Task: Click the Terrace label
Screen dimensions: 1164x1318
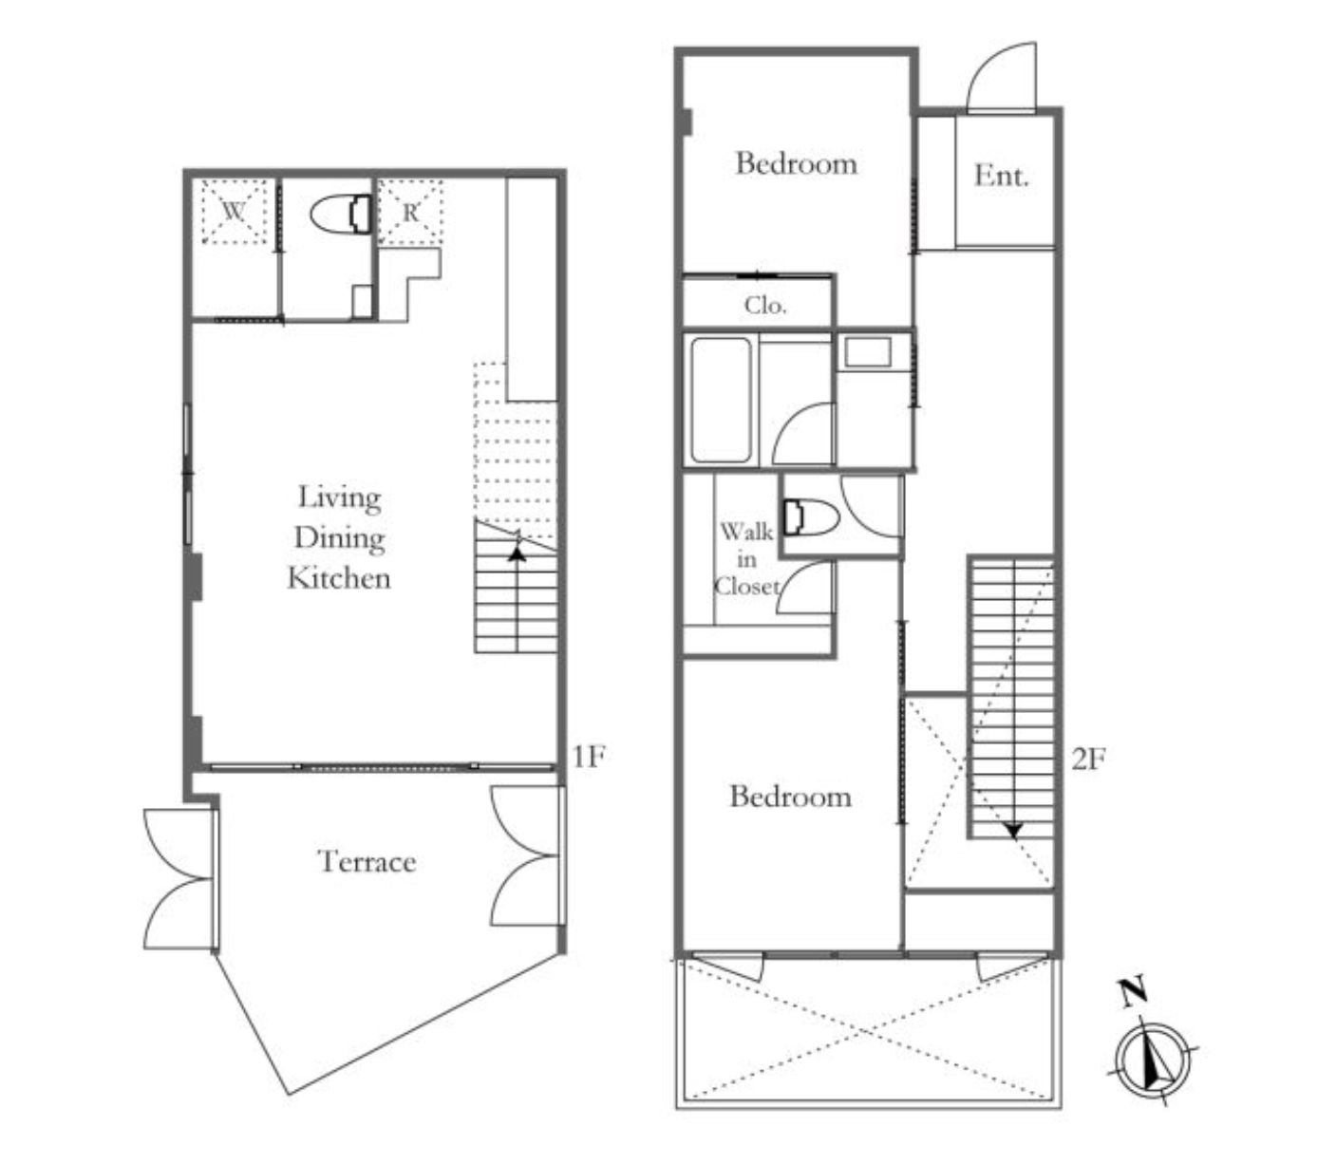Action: click(x=367, y=861)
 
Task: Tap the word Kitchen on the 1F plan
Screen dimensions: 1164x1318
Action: click(x=339, y=577)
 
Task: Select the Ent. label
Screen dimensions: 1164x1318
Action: click(x=1001, y=176)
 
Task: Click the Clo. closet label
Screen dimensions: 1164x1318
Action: click(x=765, y=305)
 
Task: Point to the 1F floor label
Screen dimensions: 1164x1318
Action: click(x=589, y=756)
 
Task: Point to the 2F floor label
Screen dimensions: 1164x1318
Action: click(x=1088, y=759)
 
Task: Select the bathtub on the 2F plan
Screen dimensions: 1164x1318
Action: click(x=721, y=400)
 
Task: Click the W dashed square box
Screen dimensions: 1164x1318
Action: click(x=235, y=211)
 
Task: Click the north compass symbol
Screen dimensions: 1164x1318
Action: click(x=1154, y=1061)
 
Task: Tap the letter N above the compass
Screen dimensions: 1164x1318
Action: click(x=1133, y=992)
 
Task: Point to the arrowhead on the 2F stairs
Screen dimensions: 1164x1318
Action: click(x=1013, y=831)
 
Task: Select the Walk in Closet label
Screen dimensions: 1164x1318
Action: click(x=746, y=559)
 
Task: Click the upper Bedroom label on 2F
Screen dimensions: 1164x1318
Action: click(x=796, y=163)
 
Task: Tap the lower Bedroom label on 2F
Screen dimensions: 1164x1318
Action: click(x=790, y=796)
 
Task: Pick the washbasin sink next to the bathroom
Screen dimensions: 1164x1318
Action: click(x=868, y=352)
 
